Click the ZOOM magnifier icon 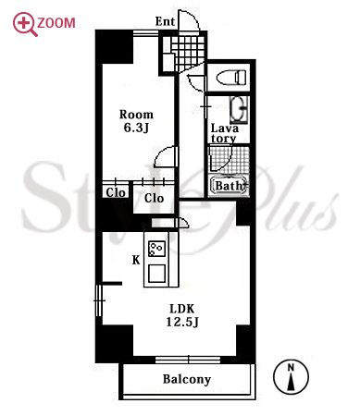[25, 24]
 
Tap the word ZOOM [56, 23]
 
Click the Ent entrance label [165, 21]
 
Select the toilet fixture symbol [231, 77]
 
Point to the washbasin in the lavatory [239, 110]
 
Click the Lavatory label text [224, 133]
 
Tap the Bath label [229, 186]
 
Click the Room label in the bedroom [136, 115]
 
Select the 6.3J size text [136, 128]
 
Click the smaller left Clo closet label [116, 193]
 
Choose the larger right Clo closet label [154, 198]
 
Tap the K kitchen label [136, 261]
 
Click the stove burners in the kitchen [156, 249]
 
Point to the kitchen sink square [157, 274]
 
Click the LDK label [182, 309]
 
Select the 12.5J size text [182, 323]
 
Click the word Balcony [187, 379]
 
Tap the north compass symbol [291, 376]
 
